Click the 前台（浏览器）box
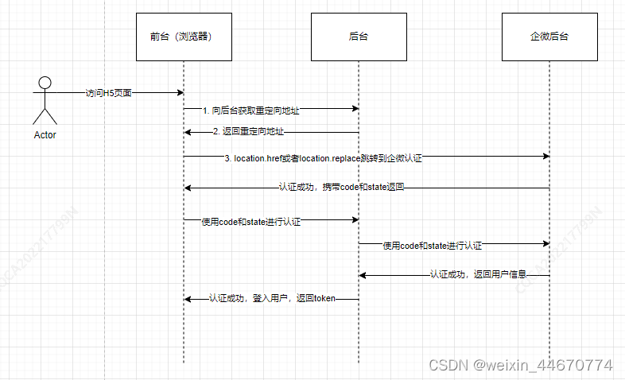(x=183, y=37)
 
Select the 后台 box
(x=359, y=37)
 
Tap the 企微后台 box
(x=549, y=37)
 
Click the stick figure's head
(x=45, y=83)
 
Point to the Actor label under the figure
(x=45, y=135)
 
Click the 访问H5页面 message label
(x=109, y=93)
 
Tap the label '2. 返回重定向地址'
(x=248, y=132)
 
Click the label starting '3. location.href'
(x=323, y=159)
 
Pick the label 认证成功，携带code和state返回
(x=343, y=187)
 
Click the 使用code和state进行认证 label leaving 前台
(x=251, y=222)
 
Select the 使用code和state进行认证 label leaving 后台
(x=433, y=246)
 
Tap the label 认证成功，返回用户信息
(x=478, y=274)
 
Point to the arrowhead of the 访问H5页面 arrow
(x=181, y=93)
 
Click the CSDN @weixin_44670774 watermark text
(x=521, y=366)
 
